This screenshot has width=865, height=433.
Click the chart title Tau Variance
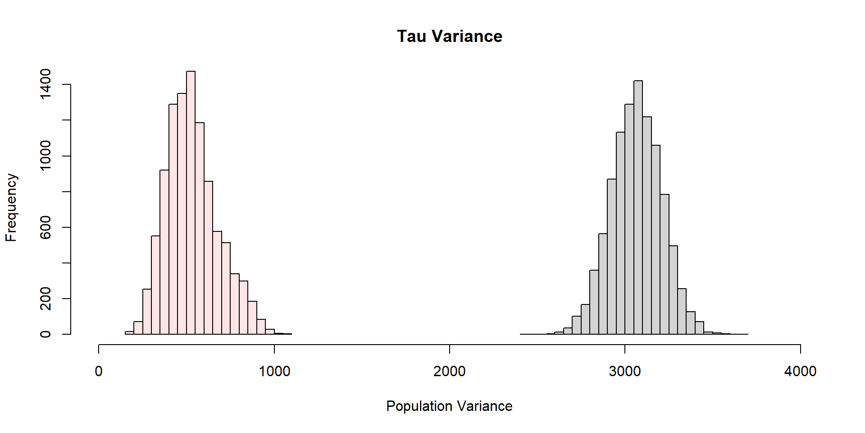pyautogui.click(x=450, y=37)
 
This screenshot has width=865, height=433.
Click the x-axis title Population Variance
pyautogui.click(x=449, y=406)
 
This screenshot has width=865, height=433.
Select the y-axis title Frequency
pyautogui.click(x=11, y=207)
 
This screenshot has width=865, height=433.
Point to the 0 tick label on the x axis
pyautogui.click(x=99, y=371)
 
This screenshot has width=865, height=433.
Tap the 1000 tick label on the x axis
pyautogui.click(x=274, y=371)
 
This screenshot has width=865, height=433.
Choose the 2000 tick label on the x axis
pyautogui.click(x=449, y=371)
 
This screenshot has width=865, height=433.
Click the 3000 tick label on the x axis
pyautogui.click(x=624, y=371)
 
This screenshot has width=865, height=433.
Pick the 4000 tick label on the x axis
pyautogui.click(x=800, y=371)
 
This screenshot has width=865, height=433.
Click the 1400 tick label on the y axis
pyautogui.click(x=46, y=84)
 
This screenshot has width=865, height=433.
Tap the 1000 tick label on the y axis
pyautogui.click(x=46, y=156)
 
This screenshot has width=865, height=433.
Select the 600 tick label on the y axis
pyautogui.click(x=46, y=227)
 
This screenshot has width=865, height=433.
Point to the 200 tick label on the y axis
pyautogui.click(x=46, y=299)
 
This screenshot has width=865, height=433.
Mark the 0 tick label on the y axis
pyautogui.click(x=46, y=334)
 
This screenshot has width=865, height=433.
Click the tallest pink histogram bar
pyautogui.click(x=191, y=203)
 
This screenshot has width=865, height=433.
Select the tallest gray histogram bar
pyautogui.click(x=638, y=207)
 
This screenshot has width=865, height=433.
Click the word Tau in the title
pyautogui.click(x=412, y=37)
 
